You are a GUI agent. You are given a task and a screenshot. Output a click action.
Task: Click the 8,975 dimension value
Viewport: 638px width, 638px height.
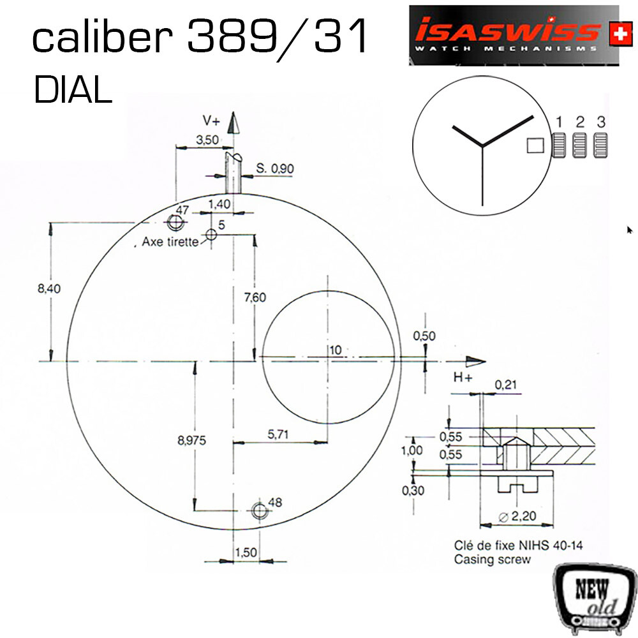click(x=191, y=440)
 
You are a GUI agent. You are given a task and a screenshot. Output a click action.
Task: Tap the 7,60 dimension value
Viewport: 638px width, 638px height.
click(x=255, y=297)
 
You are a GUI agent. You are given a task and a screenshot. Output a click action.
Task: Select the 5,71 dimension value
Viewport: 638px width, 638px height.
click(x=278, y=434)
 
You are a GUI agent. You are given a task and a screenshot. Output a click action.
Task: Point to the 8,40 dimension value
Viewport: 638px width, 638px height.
click(x=49, y=288)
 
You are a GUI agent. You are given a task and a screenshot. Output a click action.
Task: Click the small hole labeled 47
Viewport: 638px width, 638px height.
click(x=175, y=222)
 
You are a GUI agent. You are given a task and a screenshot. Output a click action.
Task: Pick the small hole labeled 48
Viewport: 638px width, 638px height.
click(x=259, y=510)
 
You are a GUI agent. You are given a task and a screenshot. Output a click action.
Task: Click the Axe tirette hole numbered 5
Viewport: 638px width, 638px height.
click(x=211, y=234)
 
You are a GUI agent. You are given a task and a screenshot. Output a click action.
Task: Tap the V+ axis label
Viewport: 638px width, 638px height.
click(x=212, y=121)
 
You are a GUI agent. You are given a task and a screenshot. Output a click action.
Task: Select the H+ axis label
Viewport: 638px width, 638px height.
click(x=463, y=378)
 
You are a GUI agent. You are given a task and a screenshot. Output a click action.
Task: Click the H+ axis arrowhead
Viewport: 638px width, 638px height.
click(x=476, y=361)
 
